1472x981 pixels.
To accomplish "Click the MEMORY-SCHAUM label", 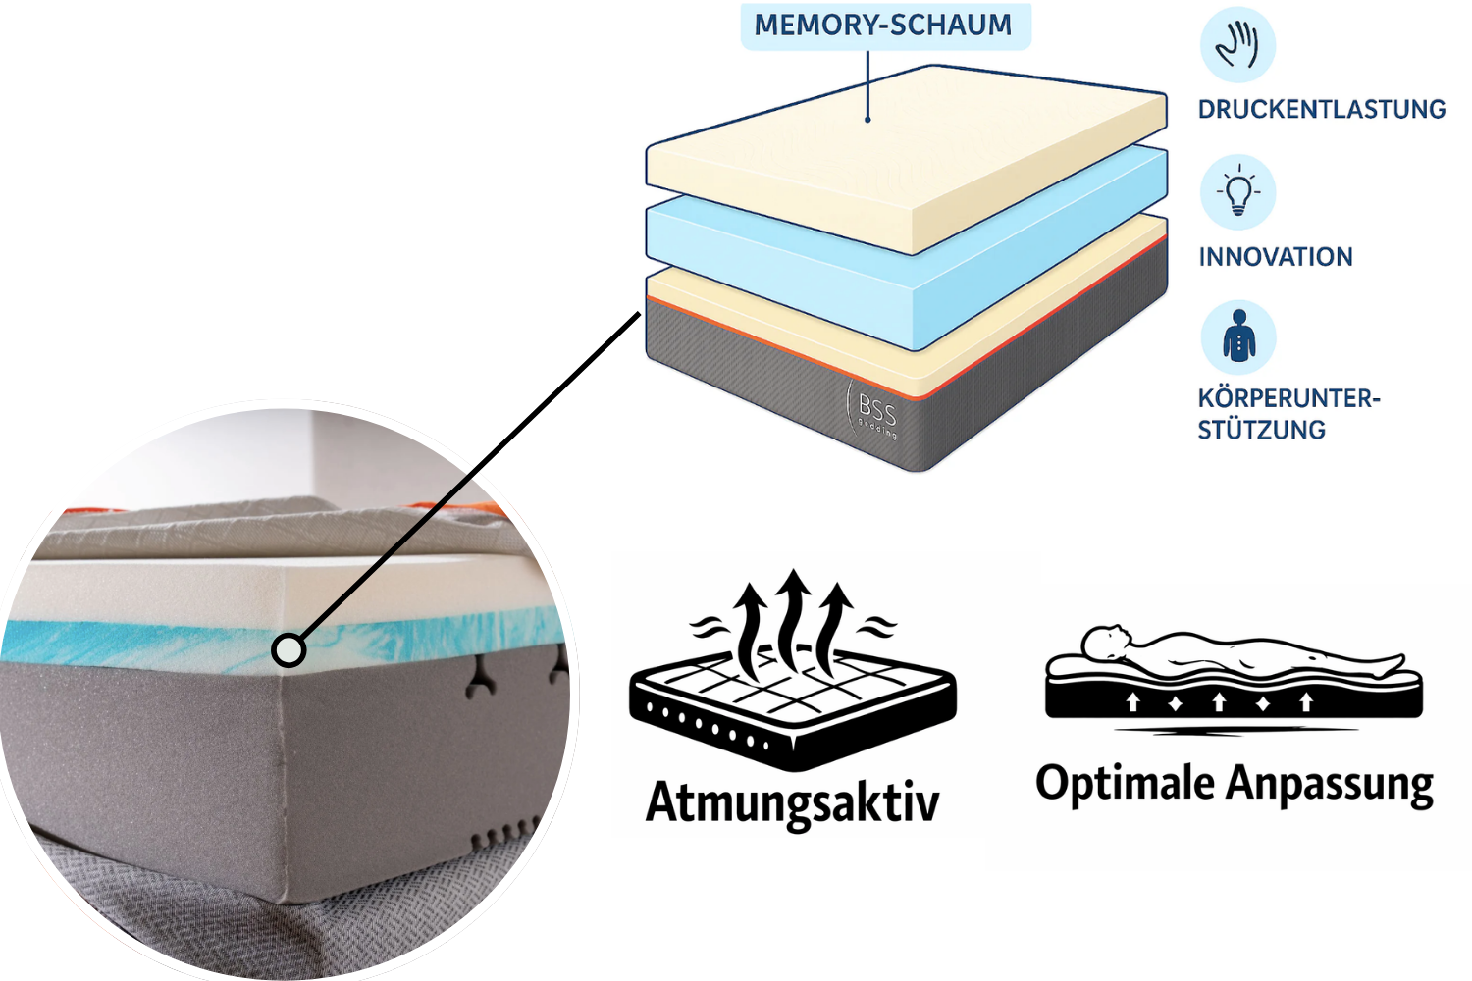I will [x=883, y=26].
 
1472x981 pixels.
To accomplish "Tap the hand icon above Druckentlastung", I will [x=1237, y=45].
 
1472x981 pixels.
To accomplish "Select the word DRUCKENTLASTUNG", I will [x=1321, y=109].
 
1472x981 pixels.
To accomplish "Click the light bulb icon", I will [x=1238, y=191].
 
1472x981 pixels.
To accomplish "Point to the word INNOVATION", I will [x=1275, y=257].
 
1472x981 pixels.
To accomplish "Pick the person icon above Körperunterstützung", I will [x=1238, y=336].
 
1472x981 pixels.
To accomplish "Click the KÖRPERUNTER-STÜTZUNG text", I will [x=1288, y=413].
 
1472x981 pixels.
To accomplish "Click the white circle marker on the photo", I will [x=289, y=649].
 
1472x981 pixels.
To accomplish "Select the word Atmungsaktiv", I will [x=792, y=801].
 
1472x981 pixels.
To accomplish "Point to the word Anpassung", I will [x=1330, y=786].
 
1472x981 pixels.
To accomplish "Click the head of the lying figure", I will [x=1104, y=644].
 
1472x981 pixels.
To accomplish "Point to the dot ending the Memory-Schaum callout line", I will [x=868, y=120].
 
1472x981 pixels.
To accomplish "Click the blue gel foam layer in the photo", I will [x=147, y=641].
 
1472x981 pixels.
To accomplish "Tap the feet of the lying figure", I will [x=1393, y=664].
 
